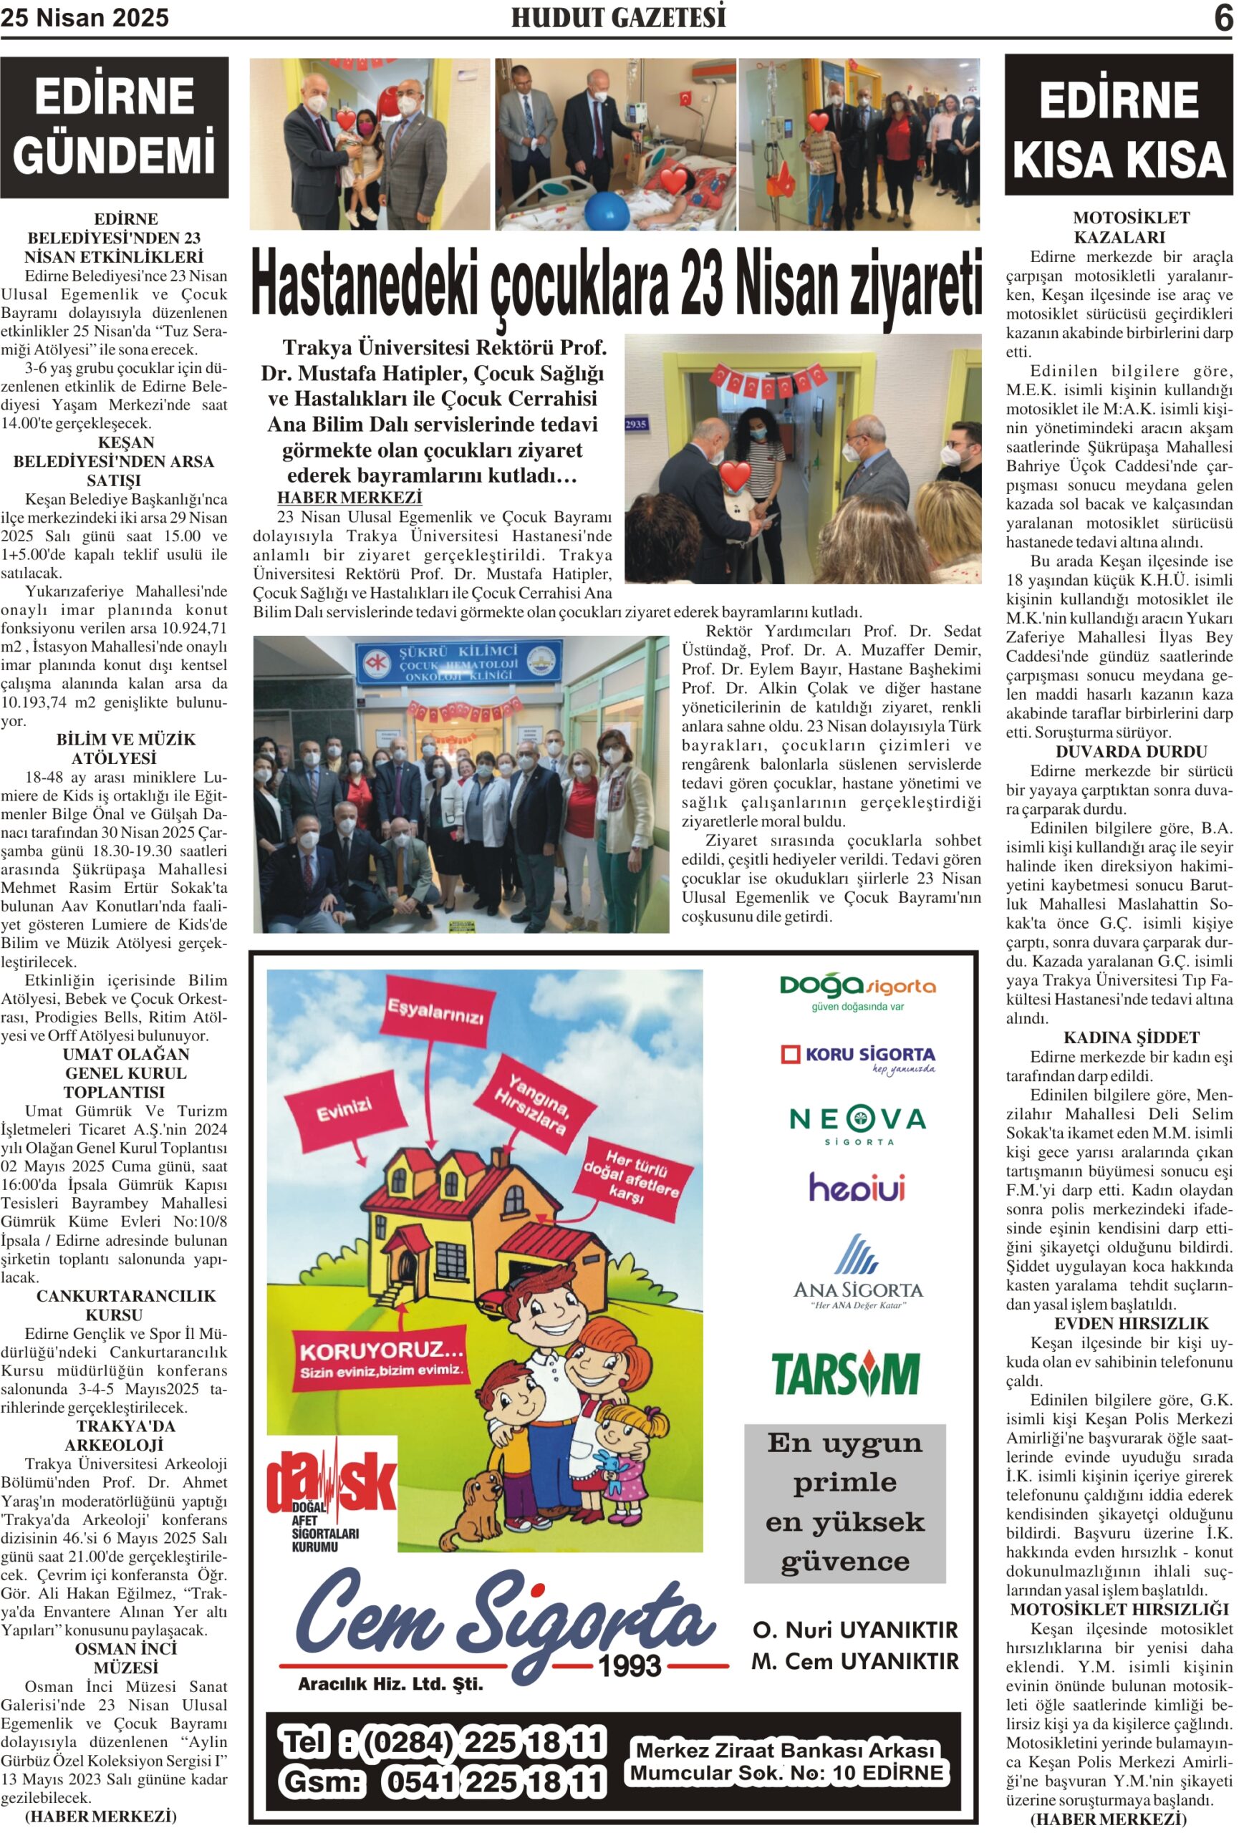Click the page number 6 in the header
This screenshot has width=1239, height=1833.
click(1223, 17)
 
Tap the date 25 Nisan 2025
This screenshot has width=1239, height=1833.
click(85, 18)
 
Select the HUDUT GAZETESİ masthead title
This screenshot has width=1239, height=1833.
click(618, 18)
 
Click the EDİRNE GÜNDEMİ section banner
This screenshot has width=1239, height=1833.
click(115, 126)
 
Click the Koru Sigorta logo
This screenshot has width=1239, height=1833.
click(857, 1058)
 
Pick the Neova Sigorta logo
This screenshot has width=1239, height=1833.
click(857, 1124)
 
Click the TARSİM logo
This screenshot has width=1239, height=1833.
click(844, 1374)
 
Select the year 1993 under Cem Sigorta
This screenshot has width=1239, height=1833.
click(629, 1665)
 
